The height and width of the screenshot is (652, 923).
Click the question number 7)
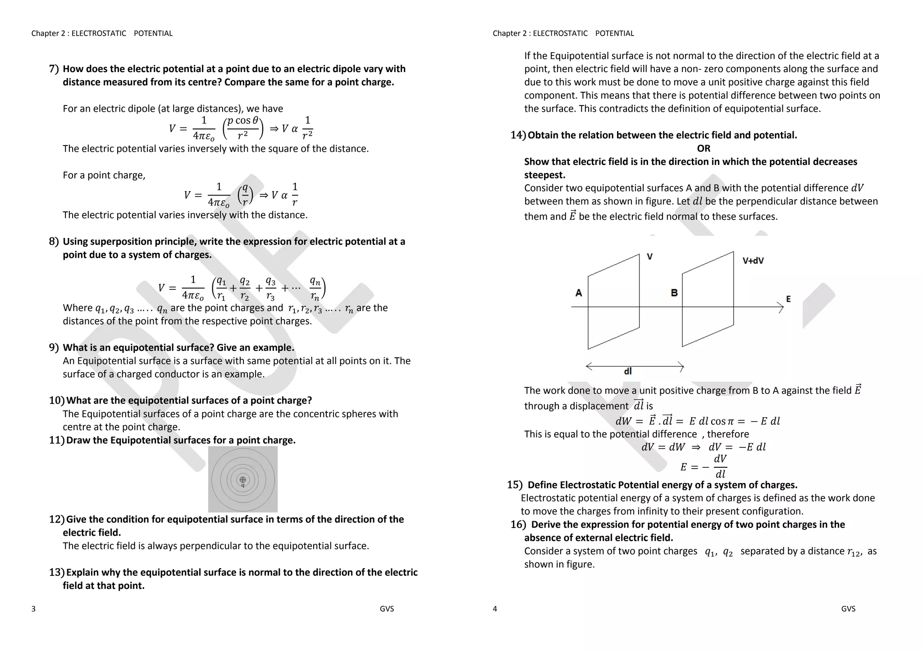click(54, 69)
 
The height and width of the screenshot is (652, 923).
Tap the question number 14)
click(518, 135)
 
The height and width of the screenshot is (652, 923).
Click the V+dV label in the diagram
click(753, 261)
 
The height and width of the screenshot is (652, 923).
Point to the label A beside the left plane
click(579, 293)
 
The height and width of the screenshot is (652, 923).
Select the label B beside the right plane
click(674, 293)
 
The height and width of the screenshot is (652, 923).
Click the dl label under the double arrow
click(627, 371)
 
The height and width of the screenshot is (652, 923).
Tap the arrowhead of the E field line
click(781, 307)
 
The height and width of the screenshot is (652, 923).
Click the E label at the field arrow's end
click(788, 299)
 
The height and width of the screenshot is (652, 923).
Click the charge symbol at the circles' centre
click(242, 479)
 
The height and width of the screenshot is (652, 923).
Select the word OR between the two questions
click(703, 148)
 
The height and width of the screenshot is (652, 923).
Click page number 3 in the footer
click(33, 609)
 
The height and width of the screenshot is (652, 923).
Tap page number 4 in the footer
click(494, 609)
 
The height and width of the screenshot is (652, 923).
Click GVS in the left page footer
click(387, 609)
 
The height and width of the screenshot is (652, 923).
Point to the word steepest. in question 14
click(544, 175)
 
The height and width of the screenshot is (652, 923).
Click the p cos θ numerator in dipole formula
click(242, 121)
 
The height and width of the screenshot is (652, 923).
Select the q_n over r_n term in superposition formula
click(315, 288)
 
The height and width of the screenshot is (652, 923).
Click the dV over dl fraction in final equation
click(720, 466)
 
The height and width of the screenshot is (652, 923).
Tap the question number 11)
click(56, 440)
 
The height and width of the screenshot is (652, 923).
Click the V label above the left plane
click(649, 257)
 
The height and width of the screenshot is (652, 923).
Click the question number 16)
click(518, 524)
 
